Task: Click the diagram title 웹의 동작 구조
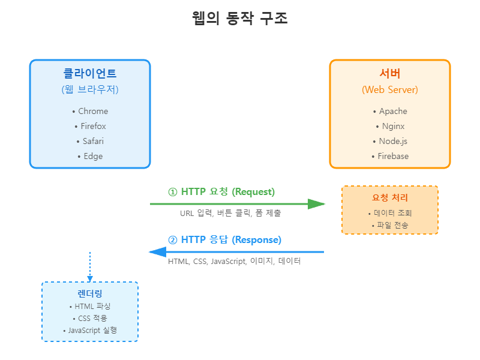239,19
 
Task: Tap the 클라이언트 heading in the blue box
90,74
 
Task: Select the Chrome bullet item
90,111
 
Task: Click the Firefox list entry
90,126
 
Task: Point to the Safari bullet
90,141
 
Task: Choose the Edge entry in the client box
90,156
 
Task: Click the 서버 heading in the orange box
390,74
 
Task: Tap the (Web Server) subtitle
390,89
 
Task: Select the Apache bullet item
390,111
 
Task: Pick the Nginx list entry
390,126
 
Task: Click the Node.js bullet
390,141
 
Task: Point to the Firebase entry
390,156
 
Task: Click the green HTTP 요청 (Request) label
221,192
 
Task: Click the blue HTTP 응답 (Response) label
224,240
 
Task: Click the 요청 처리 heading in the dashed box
390,198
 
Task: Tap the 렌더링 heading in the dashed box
90,294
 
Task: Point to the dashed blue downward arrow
90,266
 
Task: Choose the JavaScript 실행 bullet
90,330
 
